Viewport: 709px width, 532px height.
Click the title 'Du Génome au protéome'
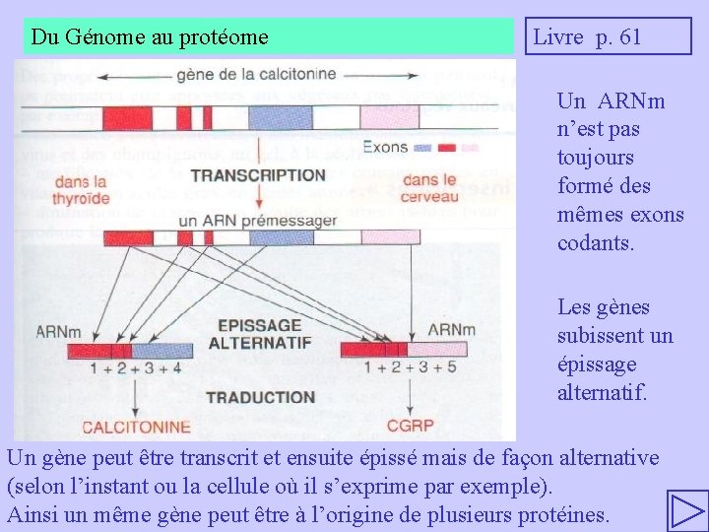[x=150, y=37]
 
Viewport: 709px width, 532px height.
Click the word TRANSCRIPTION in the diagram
[x=258, y=175]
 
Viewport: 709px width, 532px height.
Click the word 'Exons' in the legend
[x=384, y=148]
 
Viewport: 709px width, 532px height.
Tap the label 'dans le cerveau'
[x=430, y=189]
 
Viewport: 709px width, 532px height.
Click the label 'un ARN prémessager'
[x=258, y=221]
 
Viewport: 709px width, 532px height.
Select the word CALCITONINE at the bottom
[x=136, y=427]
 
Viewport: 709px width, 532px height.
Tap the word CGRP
[x=410, y=427]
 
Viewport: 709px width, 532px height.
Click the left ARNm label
[x=58, y=331]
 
